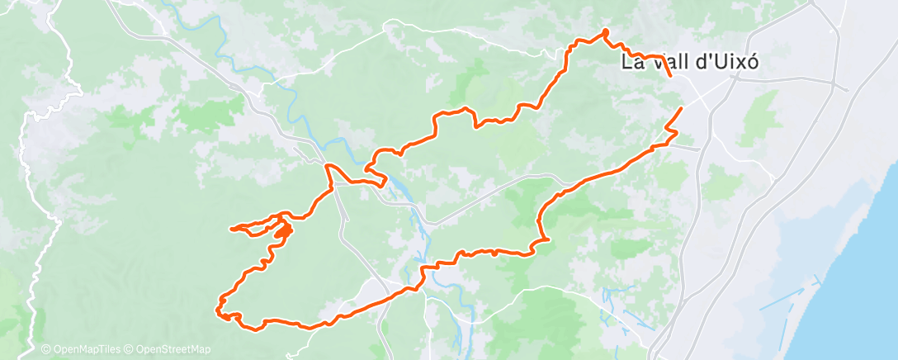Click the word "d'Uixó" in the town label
[x=725, y=63]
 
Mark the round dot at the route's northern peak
[x=605, y=32]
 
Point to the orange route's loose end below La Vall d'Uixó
[x=681, y=109]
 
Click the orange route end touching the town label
[x=669, y=75]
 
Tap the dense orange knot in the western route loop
[x=283, y=230]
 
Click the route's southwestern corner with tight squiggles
[x=222, y=312]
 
